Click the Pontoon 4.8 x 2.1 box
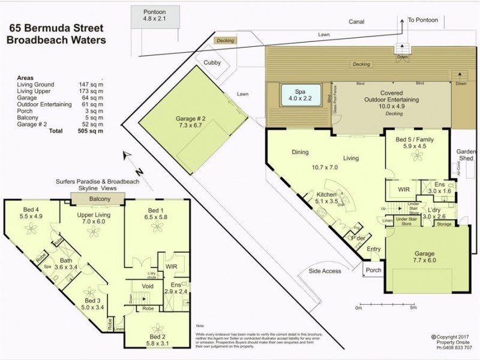(x=154, y=16)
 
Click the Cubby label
(x=212, y=62)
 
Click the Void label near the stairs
(x=147, y=287)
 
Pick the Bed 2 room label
(x=157, y=340)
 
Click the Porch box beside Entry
(x=373, y=270)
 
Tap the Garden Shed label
(x=466, y=155)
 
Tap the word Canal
(x=357, y=22)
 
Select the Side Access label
(x=325, y=271)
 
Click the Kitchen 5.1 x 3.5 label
(x=326, y=199)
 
